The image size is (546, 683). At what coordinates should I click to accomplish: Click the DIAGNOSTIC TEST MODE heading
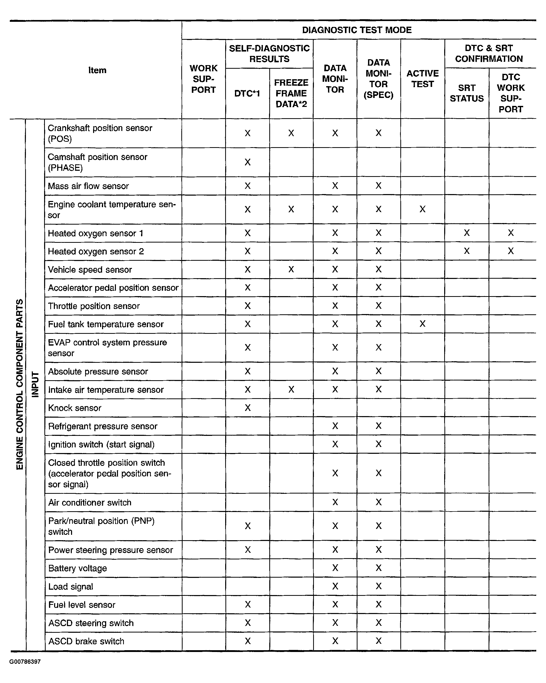356,30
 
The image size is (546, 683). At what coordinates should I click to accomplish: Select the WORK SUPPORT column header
203,79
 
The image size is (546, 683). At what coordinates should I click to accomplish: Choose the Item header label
97,70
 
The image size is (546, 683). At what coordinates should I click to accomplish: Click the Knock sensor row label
75,408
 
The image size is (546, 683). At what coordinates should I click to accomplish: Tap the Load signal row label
71,586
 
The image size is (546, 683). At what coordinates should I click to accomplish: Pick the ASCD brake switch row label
86,641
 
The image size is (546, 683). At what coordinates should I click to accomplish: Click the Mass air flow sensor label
88,186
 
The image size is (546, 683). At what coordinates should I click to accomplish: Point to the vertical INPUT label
35,384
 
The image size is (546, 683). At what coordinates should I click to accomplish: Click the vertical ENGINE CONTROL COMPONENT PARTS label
20,384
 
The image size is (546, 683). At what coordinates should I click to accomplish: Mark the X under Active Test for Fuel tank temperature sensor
422,324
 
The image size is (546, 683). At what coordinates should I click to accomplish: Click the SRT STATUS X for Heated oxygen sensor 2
466,251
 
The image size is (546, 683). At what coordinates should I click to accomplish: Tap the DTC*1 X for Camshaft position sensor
247,162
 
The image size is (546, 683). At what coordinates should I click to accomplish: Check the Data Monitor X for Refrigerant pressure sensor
335,426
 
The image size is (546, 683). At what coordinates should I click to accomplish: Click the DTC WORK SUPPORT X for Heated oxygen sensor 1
511,233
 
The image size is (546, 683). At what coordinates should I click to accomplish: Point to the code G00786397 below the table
25,662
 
